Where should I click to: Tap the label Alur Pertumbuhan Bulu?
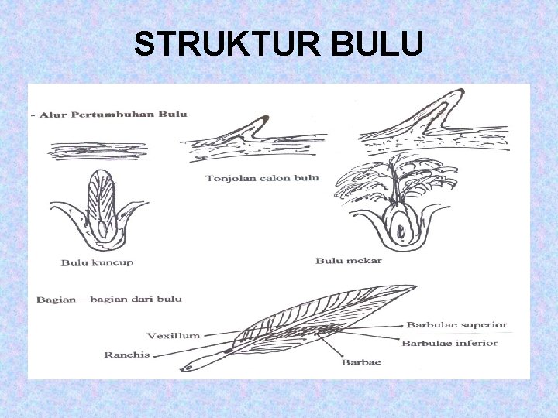click(x=115, y=114)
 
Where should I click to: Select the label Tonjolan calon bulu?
click(x=262, y=177)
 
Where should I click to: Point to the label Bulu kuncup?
click(x=97, y=262)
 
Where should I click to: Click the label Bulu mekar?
click(x=348, y=261)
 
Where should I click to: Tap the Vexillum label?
click(x=174, y=336)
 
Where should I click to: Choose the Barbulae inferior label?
click(x=449, y=342)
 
